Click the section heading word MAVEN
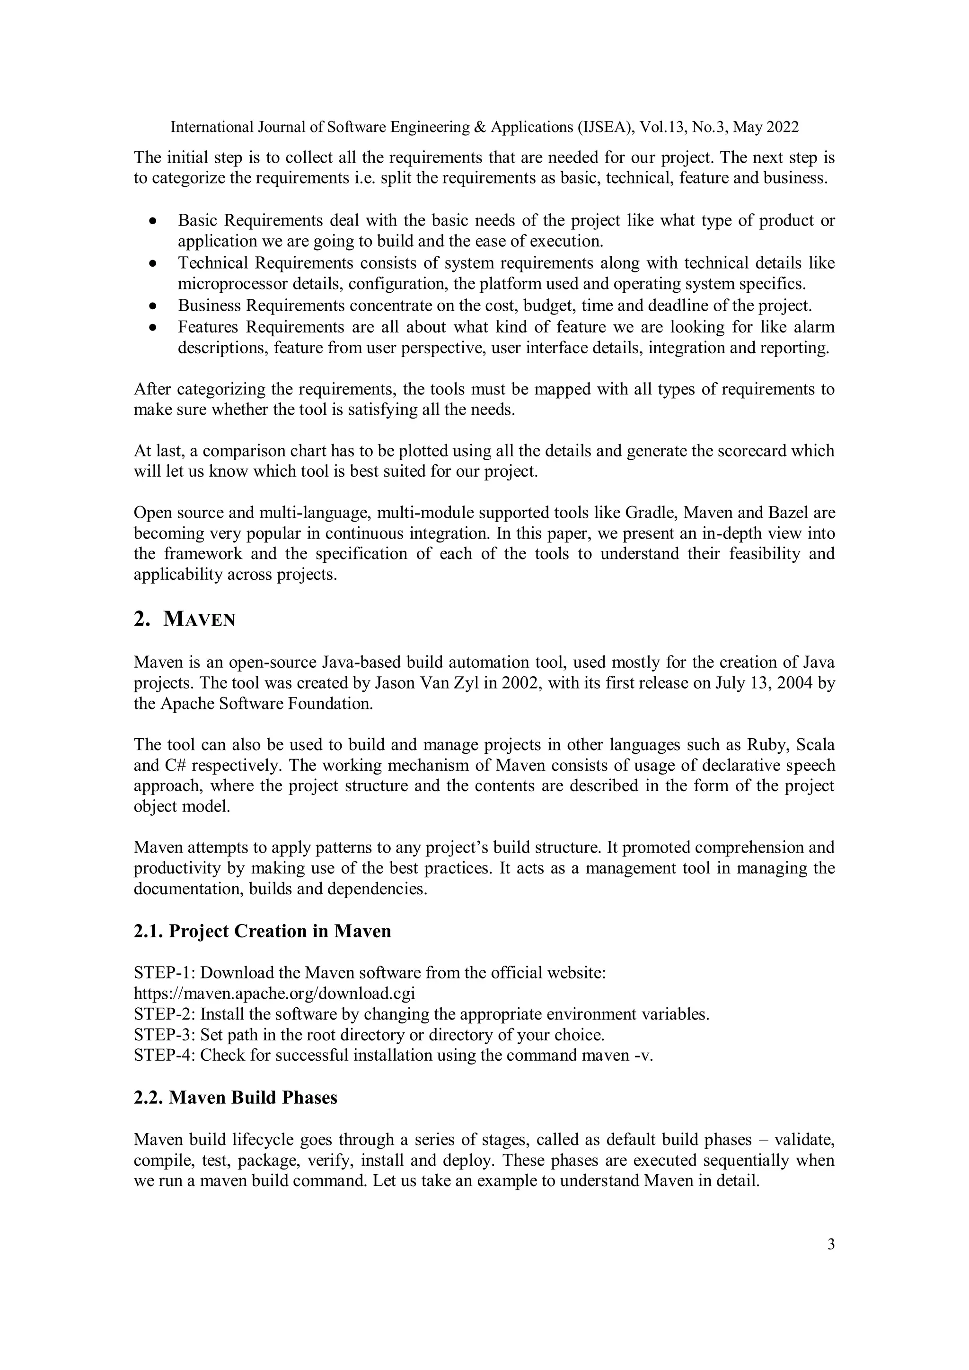199,620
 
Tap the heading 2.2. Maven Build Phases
235,1097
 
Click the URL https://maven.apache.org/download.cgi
274,994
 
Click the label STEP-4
164,1055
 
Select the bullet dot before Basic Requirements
153,221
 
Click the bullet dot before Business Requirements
153,306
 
